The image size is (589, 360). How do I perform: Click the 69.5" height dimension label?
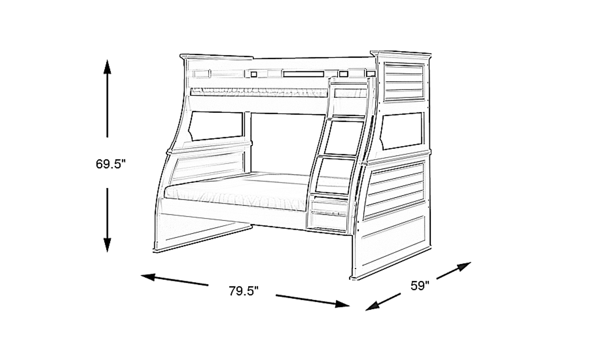[x=111, y=164]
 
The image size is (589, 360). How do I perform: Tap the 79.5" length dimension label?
[x=244, y=291]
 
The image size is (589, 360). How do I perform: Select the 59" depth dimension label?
[x=420, y=286]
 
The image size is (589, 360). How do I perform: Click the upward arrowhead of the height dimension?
[x=107, y=67]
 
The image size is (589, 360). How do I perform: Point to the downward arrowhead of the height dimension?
[x=107, y=245]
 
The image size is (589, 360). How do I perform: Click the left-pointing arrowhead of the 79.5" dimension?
[x=148, y=277]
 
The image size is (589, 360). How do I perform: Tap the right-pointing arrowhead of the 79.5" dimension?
[x=342, y=304]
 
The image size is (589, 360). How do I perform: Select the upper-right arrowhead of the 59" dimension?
[x=463, y=266]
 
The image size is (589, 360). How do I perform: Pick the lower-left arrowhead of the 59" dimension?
[x=373, y=306]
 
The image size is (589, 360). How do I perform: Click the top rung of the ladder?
[x=348, y=87]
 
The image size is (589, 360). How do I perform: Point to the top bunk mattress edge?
[x=259, y=92]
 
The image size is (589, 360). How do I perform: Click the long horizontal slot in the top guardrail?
[x=303, y=74]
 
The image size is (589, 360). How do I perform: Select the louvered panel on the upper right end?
[x=404, y=82]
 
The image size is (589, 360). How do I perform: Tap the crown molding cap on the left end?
[x=216, y=57]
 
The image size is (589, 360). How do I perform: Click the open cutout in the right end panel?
[x=401, y=131]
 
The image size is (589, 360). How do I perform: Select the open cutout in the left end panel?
[x=216, y=126]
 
